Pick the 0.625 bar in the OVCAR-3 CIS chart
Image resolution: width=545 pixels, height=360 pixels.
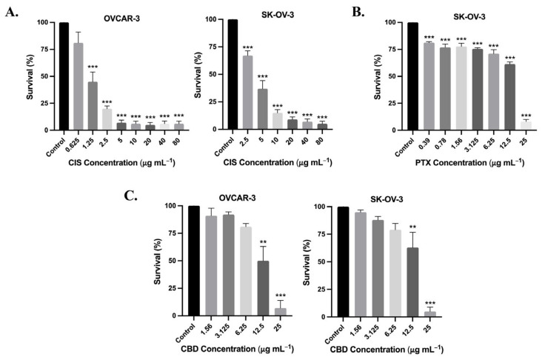pyautogui.click(x=78, y=87)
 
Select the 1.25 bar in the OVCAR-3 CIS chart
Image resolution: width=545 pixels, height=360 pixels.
pyautogui.click(x=93, y=106)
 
